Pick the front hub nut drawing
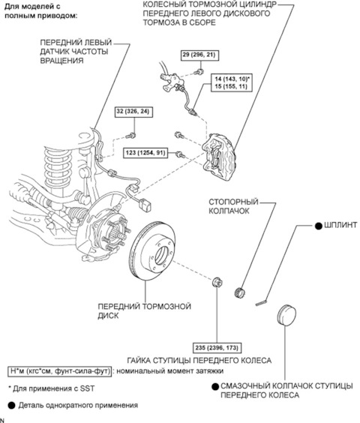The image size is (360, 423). (x=216, y=283)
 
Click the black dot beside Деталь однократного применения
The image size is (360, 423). (x=11, y=405)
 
